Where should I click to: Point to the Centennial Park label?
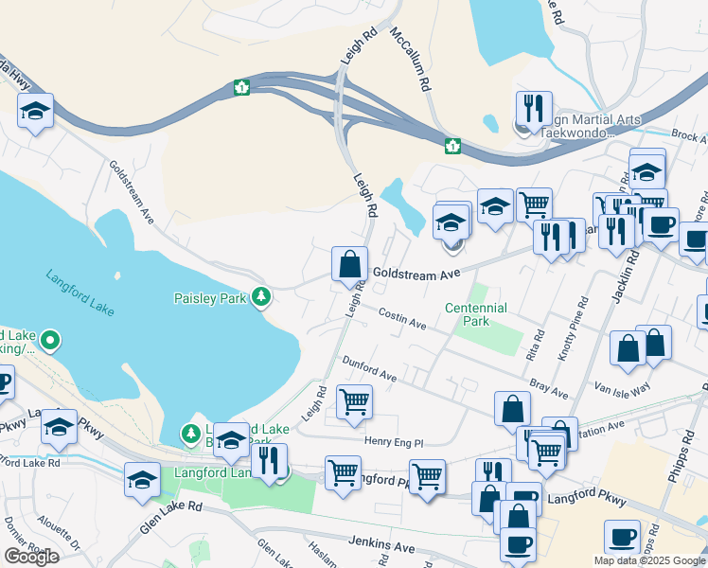click(x=476, y=314)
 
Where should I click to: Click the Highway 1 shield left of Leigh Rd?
click(x=242, y=88)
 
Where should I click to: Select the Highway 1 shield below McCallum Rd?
click(x=453, y=146)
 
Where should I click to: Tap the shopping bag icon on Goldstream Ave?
click(x=349, y=262)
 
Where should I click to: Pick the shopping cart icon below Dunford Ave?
click(x=354, y=400)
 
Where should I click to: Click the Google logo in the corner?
click(x=31, y=557)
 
